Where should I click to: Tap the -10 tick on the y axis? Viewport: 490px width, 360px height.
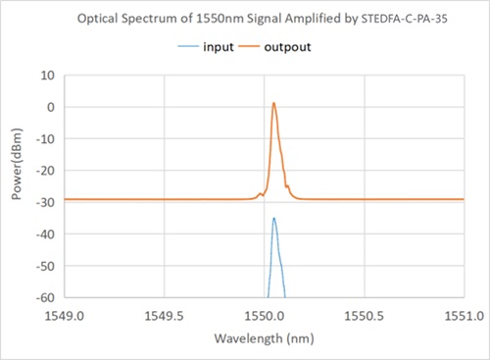44,138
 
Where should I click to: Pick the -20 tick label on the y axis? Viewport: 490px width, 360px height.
44,171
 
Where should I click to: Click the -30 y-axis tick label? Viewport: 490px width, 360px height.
44,202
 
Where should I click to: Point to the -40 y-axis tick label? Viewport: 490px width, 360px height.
44,233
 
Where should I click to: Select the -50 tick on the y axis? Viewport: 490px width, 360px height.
44,266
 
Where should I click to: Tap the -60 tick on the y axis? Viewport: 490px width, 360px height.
44,297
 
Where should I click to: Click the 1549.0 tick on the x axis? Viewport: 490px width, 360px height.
65,316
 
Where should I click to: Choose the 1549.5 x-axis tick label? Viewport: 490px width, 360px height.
164,316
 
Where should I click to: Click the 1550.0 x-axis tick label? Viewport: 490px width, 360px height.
264,316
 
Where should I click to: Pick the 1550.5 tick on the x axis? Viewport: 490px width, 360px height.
364,316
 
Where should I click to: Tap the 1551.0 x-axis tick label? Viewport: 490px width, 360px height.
462,316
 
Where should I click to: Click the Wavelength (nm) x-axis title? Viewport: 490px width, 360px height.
264,339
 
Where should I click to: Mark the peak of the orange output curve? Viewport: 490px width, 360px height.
274,103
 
